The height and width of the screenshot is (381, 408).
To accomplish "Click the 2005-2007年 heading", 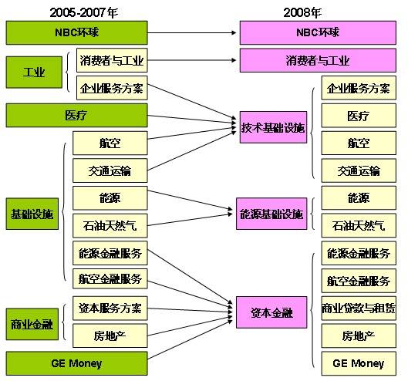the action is pos(84,12).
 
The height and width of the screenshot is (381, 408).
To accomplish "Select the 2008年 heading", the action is pos(302,12).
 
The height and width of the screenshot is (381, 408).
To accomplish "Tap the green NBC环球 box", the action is pos(77,33).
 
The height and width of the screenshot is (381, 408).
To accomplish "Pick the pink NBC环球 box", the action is pos(318,33).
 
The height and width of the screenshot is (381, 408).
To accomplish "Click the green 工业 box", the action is pos(34,72).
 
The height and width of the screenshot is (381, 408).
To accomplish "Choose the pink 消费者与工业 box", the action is pos(318,60).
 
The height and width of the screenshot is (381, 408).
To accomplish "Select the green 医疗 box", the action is pos(77,115).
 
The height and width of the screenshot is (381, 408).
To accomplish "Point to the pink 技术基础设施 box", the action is pos(273,127).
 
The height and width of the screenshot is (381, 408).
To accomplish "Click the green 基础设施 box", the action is pos(32,214).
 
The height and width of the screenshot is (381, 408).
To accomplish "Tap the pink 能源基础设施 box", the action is pos(271,214).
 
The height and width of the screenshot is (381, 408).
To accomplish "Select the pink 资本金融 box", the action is pos(271,312).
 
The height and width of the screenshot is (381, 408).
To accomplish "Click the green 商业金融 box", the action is pos(32,324).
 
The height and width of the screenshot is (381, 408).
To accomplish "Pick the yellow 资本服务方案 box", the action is pos(110,309).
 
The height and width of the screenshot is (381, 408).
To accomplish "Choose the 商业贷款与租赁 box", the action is pos(359,309).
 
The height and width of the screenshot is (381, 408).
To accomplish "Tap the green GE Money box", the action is pos(77,363).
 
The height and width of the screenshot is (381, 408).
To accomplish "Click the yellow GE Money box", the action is pos(359,363).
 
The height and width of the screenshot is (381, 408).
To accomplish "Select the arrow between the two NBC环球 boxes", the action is pos(192,33).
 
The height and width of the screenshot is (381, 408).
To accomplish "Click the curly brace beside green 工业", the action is pos(67,72).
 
